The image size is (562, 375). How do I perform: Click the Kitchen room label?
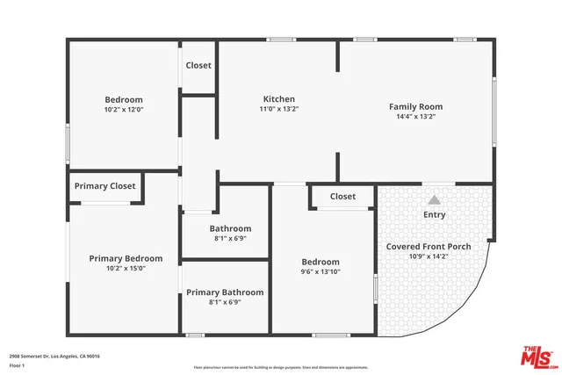pyautogui.click(x=279, y=99)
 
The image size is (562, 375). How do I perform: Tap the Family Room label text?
pyautogui.click(x=415, y=106)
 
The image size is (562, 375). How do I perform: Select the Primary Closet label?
pyautogui.click(x=104, y=186)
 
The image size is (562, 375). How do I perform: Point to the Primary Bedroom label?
pyautogui.click(x=126, y=258)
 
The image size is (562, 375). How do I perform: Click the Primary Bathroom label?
pyautogui.click(x=225, y=292)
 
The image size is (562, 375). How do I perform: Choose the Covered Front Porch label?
pyautogui.click(x=429, y=247)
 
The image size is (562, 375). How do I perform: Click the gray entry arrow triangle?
pyautogui.click(x=434, y=200)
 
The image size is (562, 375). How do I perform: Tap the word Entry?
pyautogui.click(x=435, y=214)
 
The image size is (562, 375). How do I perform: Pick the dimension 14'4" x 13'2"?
pyautogui.click(x=416, y=117)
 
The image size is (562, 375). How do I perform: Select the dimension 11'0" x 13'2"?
pyautogui.click(x=279, y=110)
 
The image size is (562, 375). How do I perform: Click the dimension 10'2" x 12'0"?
pyautogui.click(x=124, y=111)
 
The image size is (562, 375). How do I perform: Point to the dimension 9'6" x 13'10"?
pyautogui.click(x=321, y=273)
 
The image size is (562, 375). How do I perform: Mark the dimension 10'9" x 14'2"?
pyautogui.click(x=429, y=256)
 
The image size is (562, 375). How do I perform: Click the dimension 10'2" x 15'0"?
pyautogui.click(x=126, y=269)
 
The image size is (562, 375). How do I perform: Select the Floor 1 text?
pyautogui.click(x=17, y=364)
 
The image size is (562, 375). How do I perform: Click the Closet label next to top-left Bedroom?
pyautogui.click(x=198, y=65)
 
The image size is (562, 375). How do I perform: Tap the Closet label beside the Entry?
pyautogui.click(x=342, y=197)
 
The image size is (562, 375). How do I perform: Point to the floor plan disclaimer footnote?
pyautogui.click(x=281, y=367)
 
